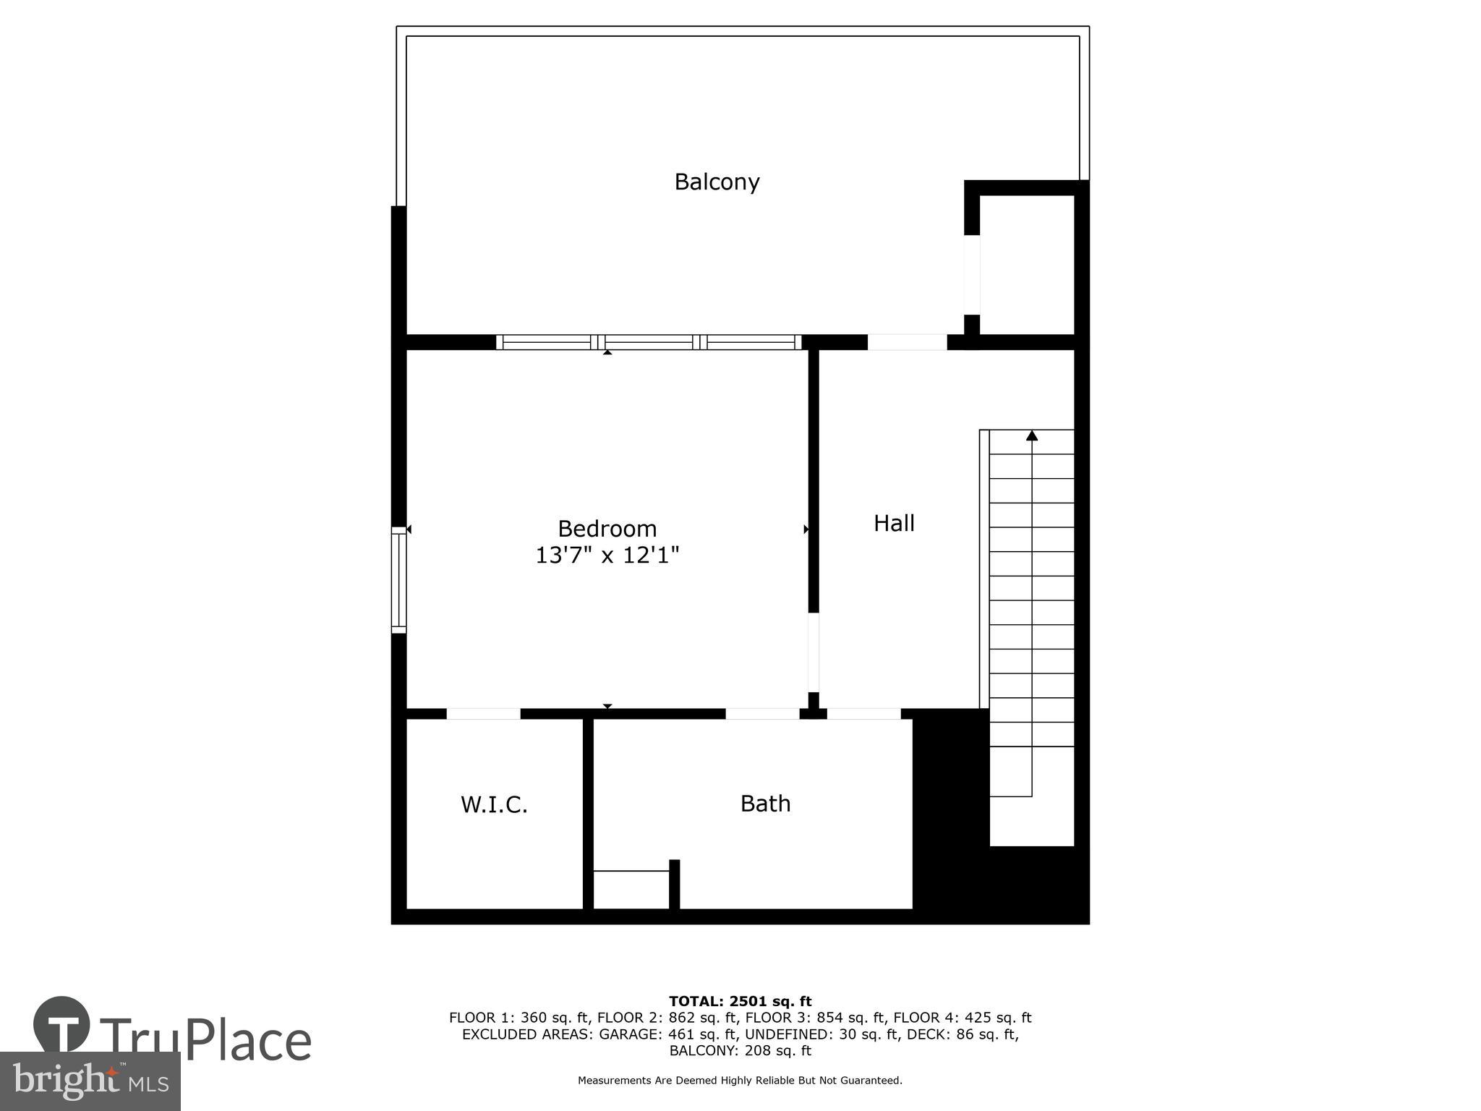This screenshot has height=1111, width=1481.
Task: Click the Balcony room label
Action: (717, 182)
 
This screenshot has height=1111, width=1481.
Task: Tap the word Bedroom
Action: (607, 529)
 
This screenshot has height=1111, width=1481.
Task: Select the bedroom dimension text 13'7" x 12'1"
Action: (607, 555)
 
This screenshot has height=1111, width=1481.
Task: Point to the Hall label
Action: (894, 523)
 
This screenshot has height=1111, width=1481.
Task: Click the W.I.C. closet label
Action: (494, 804)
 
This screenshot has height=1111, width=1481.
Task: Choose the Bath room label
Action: (765, 804)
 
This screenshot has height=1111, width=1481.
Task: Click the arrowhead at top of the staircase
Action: (1032, 435)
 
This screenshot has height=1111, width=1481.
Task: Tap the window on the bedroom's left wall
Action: (399, 580)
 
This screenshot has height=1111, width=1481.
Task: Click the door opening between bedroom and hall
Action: (814, 652)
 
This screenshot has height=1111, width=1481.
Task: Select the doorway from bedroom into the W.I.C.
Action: (483, 714)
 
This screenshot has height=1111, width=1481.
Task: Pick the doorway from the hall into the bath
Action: (863, 714)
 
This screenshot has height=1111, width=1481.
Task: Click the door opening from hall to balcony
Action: (907, 342)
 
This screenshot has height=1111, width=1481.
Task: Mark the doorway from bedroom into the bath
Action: (762, 714)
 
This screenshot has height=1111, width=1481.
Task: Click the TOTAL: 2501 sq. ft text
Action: (740, 1001)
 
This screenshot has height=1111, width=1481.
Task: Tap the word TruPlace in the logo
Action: (206, 1041)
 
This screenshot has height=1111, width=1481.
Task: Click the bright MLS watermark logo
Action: (90, 1081)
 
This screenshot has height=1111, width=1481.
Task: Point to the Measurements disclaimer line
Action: (740, 1081)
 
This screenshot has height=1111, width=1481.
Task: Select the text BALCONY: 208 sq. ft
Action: (740, 1050)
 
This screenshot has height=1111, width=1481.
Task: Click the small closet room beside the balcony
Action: (1027, 264)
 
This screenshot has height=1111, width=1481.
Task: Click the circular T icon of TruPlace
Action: (62, 1025)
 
